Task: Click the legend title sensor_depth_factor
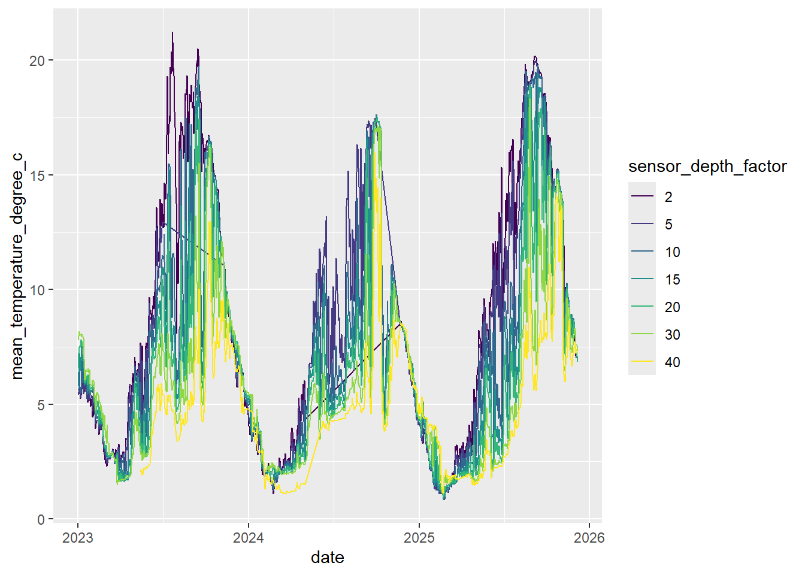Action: click(x=707, y=167)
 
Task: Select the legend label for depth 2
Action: click(x=668, y=197)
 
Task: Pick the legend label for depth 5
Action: click(x=668, y=225)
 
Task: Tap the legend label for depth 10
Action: click(x=672, y=252)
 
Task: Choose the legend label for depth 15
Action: click(x=672, y=280)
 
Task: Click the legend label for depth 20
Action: click(x=672, y=307)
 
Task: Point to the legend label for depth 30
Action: click(x=672, y=335)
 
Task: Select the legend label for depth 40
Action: click(x=672, y=362)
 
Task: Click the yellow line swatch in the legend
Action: click(x=642, y=362)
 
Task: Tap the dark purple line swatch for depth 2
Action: click(x=642, y=196)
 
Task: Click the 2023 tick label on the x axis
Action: click(x=78, y=538)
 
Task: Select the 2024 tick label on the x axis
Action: click(x=249, y=538)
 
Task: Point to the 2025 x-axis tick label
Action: click(x=419, y=538)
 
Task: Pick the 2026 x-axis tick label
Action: click(x=589, y=538)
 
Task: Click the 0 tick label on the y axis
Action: click(x=41, y=519)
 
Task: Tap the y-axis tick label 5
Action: click(x=41, y=405)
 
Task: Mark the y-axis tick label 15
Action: click(x=38, y=175)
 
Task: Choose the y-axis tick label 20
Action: click(x=38, y=60)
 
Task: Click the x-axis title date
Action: click(x=328, y=558)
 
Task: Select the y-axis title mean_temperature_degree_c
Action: click(x=17, y=266)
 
